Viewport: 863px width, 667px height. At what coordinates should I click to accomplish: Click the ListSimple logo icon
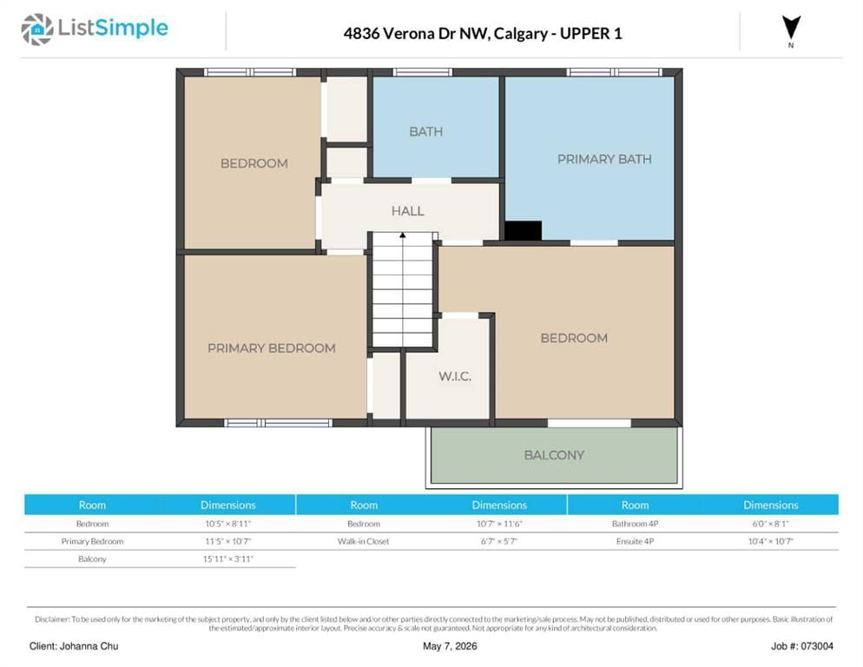(x=36, y=30)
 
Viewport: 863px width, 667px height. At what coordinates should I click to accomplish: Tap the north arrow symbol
(x=791, y=28)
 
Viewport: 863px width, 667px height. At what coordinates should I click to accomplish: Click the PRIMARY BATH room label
(x=604, y=159)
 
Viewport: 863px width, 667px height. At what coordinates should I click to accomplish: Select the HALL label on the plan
(x=408, y=211)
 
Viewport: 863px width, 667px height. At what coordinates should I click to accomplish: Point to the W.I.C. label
(x=455, y=376)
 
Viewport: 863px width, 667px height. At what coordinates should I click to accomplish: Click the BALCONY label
(x=554, y=455)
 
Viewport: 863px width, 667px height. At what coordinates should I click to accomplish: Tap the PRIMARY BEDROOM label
(x=272, y=348)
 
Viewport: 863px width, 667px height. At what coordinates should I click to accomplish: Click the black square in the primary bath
(x=523, y=231)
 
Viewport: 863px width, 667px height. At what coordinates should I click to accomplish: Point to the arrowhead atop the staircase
(x=403, y=235)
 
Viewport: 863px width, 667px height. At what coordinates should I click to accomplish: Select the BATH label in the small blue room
(x=426, y=132)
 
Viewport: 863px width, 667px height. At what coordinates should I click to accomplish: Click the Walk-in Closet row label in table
(x=363, y=541)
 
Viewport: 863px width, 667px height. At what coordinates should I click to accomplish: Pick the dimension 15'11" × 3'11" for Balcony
(x=227, y=559)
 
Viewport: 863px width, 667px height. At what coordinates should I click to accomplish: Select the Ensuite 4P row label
(x=636, y=541)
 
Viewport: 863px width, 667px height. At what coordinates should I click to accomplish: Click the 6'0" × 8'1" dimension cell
(x=771, y=524)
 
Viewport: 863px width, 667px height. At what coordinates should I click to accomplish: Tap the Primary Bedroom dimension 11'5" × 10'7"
(x=227, y=541)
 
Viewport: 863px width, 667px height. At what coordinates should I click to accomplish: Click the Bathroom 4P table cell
(x=636, y=524)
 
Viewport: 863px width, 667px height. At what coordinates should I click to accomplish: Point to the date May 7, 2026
(x=450, y=646)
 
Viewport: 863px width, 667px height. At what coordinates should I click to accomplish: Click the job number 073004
(x=817, y=646)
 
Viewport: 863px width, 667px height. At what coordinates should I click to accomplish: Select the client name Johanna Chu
(x=89, y=646)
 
